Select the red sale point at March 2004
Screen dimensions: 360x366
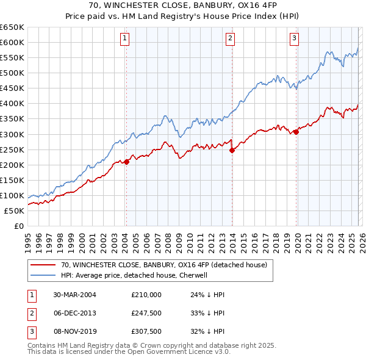click(x=126, y=162)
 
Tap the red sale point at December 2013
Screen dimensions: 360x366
click(x=232, y=150)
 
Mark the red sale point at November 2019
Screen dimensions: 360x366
click(x=296, y=131)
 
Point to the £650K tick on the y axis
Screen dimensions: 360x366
click(x=12, y=27)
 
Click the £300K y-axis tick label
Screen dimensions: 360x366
click(x=12, y=134)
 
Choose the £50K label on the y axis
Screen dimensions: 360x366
click(x=14, y=211)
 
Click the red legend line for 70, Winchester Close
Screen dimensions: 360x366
click(x=43, y=265)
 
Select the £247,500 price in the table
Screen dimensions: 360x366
click(x=146, y=313)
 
